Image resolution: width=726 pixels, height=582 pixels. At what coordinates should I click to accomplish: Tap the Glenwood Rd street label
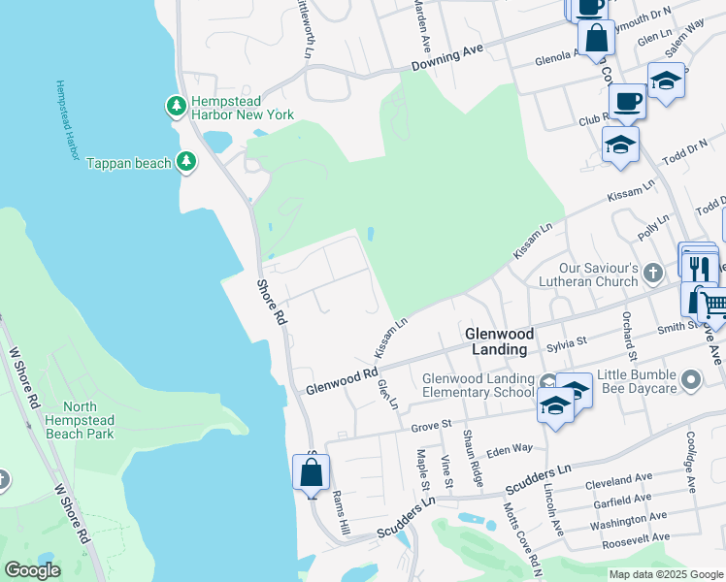click(341, 380)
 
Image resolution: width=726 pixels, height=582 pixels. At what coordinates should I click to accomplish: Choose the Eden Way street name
click(510, 449)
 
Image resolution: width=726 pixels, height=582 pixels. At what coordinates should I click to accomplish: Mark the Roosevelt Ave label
click(636, 537)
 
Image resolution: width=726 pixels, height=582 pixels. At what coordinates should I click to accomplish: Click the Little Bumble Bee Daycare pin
click(691, 379)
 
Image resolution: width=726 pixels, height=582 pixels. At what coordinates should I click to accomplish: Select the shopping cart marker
click(713, 307)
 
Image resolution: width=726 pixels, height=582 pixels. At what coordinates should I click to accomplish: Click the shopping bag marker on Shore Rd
click(311, 473)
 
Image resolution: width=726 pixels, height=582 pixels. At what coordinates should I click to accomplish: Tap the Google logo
click(32, 570)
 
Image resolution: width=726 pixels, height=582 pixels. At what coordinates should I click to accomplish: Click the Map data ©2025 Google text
click(665, 574)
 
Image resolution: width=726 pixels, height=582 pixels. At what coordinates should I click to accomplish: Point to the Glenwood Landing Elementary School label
click(478, 385)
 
